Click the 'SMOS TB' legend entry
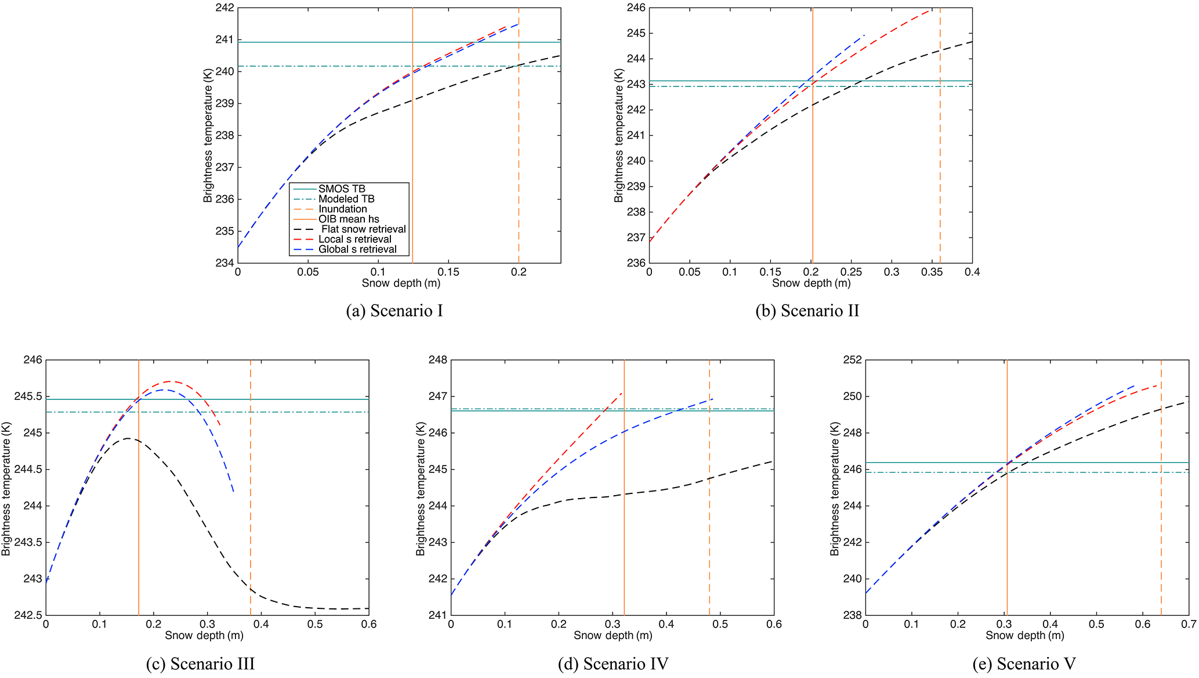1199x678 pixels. (342, 189)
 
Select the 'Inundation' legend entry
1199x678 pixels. (342, 209)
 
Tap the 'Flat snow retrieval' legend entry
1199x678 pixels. (363, 229)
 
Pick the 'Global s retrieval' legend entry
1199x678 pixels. (357, 249)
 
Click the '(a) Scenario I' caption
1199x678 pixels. (394, 311)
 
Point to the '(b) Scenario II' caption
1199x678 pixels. (807, 311)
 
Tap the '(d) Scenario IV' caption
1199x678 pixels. (613, 663)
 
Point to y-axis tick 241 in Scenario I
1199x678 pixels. (224, 40)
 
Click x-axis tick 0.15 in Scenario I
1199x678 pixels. (448, 272)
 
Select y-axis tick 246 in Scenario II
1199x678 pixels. (636, 8)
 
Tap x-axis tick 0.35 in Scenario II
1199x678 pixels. (932, 272)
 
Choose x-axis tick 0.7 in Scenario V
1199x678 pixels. (1189, 624)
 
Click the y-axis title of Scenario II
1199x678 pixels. (619, 135)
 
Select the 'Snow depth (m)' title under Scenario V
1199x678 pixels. (1025, 636)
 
